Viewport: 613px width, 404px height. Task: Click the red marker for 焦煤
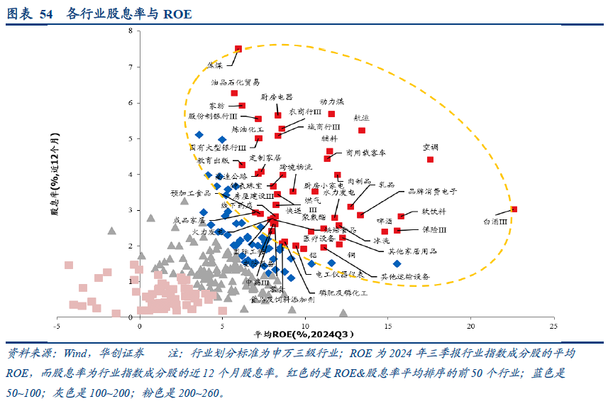pyautogui.click(x=238, y=49)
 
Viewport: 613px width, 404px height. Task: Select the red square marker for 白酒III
pyautogui.click(x=514, y=209)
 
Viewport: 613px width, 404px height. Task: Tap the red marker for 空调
pyautogui.click(x=430, y=160)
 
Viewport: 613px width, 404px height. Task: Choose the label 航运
pyautogui.click(x=361, y=118)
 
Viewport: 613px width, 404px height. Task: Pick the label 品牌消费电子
pyautogui.click(x=431, y=191)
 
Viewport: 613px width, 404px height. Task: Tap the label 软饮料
pyautogui.click(x=433, y=212)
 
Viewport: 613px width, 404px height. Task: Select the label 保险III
pyautogui.click(x=434, y=230)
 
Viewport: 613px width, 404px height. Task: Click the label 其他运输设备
pyautogui.click(x=405, y=276)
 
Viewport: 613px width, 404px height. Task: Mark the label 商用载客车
pyautogui.click(x=365, y=152)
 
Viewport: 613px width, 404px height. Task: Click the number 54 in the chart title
pyautogui.click(x=46, y=13)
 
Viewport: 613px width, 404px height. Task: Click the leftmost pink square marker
pyautogui.click(x=69, y=266)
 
